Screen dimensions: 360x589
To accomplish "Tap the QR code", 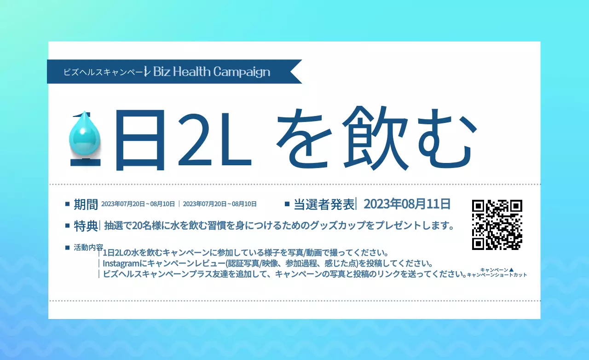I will (497, 225).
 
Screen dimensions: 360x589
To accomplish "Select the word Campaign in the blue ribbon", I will (242, 72).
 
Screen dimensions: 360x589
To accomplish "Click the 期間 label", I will (86, 204).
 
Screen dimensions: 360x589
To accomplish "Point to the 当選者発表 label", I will (324, 204).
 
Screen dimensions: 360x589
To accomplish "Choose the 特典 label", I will (86, 226).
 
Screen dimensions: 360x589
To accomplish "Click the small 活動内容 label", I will (88, 247).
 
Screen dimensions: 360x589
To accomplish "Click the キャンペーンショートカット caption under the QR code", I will (497, 275).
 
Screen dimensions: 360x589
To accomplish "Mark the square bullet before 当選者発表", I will (287, 203).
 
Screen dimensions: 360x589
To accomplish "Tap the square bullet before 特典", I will (68, 226).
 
